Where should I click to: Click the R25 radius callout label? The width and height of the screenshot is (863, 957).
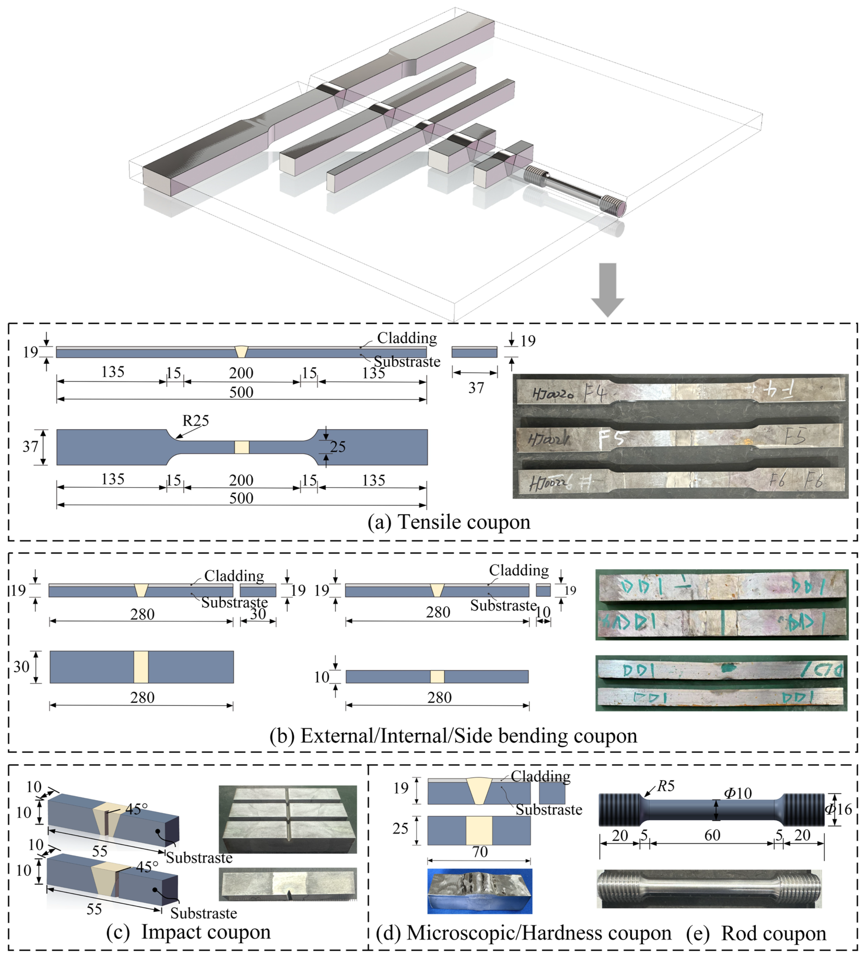click(195, 421)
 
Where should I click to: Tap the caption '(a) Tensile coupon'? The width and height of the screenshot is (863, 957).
click(449, 522)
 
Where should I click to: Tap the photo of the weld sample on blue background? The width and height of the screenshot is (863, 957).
click(479, 891)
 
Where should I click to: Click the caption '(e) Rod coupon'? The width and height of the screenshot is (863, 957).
click(756, 933)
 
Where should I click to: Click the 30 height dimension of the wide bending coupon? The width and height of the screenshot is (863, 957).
click(21, 667)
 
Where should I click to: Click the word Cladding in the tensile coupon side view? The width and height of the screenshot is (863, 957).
click(407, 338)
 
